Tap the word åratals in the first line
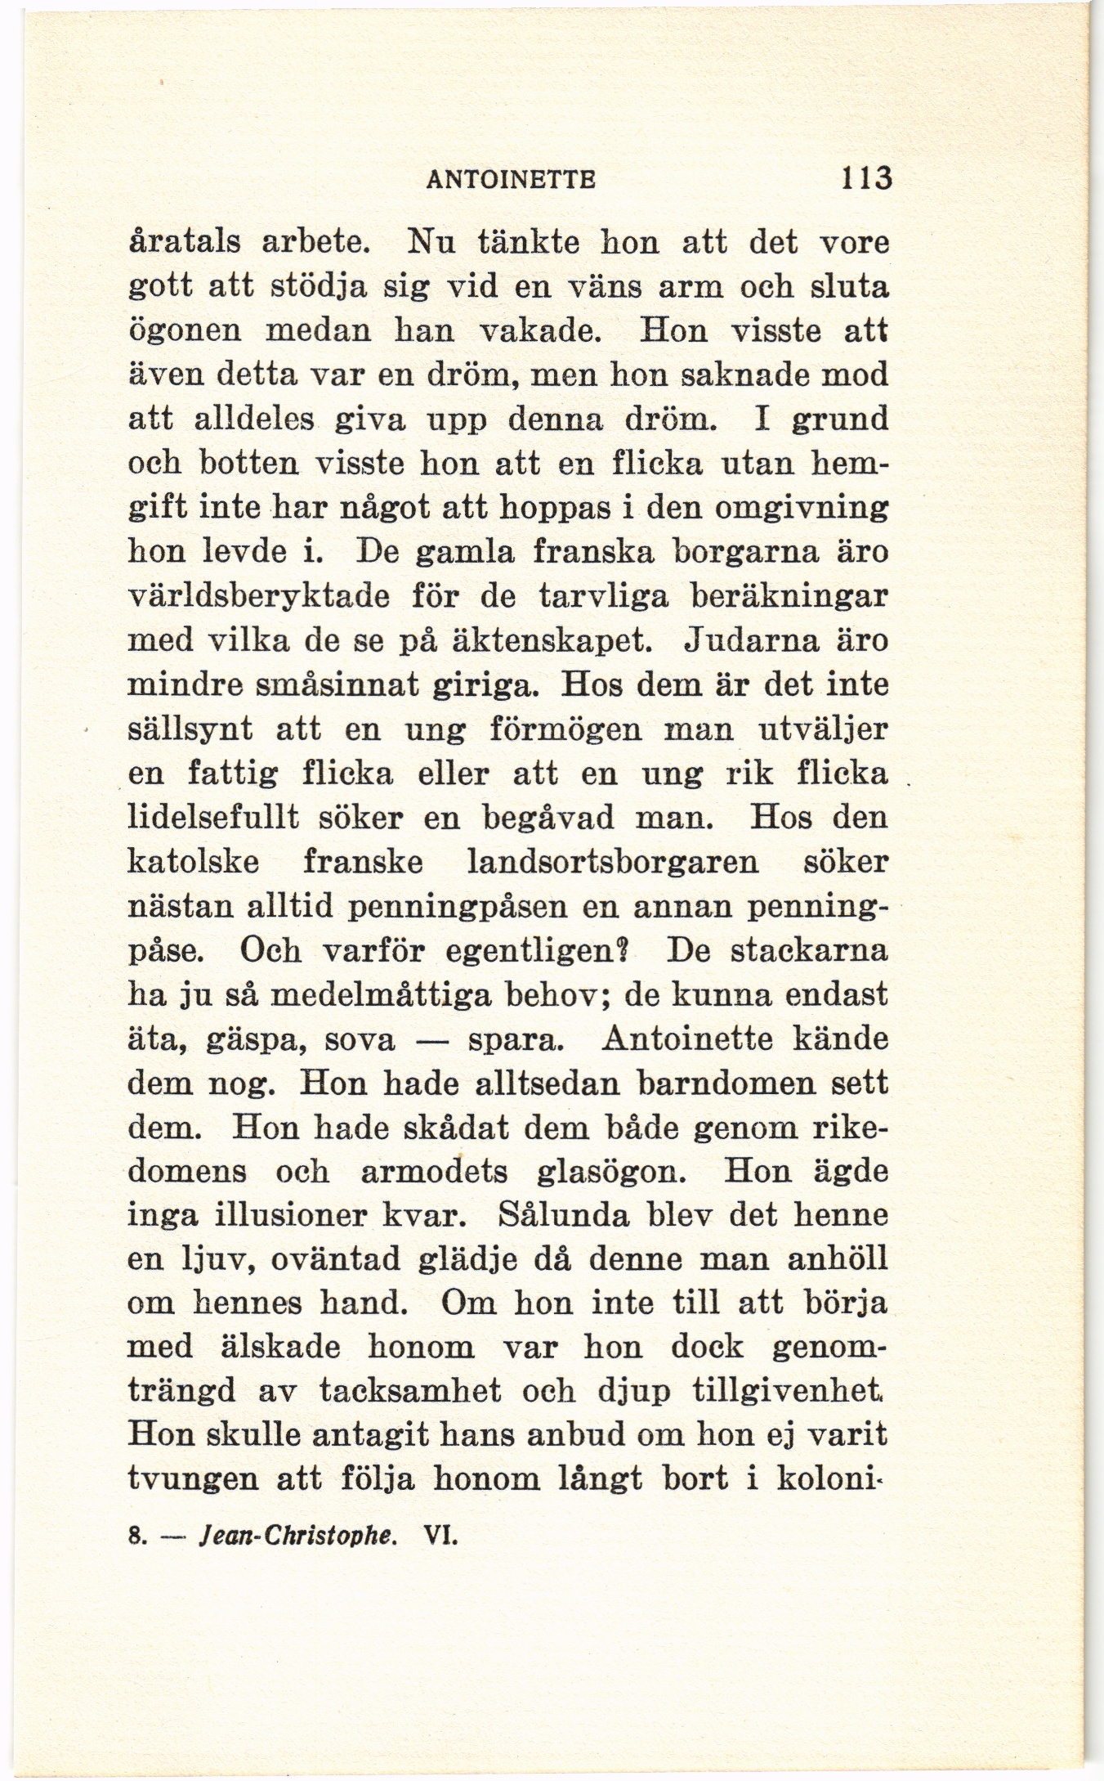pos(185,244)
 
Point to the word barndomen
pos(726,1084)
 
